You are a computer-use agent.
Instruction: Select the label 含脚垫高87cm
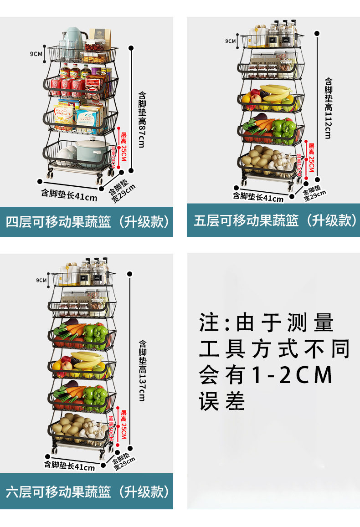142,119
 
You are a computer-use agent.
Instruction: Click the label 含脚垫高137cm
142,370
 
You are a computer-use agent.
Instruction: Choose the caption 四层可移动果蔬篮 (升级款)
87,222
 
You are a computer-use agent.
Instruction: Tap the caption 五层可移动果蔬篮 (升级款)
274,220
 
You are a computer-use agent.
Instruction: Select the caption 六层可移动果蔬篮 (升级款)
87,491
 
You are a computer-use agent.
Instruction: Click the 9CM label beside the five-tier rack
230,41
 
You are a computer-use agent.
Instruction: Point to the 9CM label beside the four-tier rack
36,54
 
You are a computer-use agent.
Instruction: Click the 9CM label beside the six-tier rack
41,280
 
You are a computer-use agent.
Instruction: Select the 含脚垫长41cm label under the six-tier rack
69,465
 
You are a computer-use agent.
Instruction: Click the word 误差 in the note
222,401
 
